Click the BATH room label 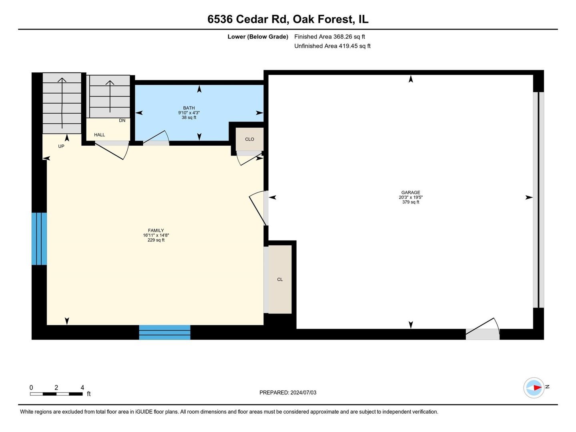pos(189,108)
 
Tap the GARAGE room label pos(411,192)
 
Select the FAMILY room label pos(156,230)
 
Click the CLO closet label pos(249,139)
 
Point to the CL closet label pos(280,280)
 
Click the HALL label pos(99,135)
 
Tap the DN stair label pos(122,120)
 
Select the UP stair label pos(61,146)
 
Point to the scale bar pos(56,394)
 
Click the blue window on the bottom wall pos(165,332)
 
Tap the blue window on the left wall pos(39,239)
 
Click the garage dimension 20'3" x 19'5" pos(411,197)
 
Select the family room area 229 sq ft pos(156,240)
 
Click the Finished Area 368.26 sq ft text pos(329,37)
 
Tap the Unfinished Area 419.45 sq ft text pos(332,46)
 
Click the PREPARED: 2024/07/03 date pos(288,393)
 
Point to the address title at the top pos(288,19)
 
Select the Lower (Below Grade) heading pos(258,37)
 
